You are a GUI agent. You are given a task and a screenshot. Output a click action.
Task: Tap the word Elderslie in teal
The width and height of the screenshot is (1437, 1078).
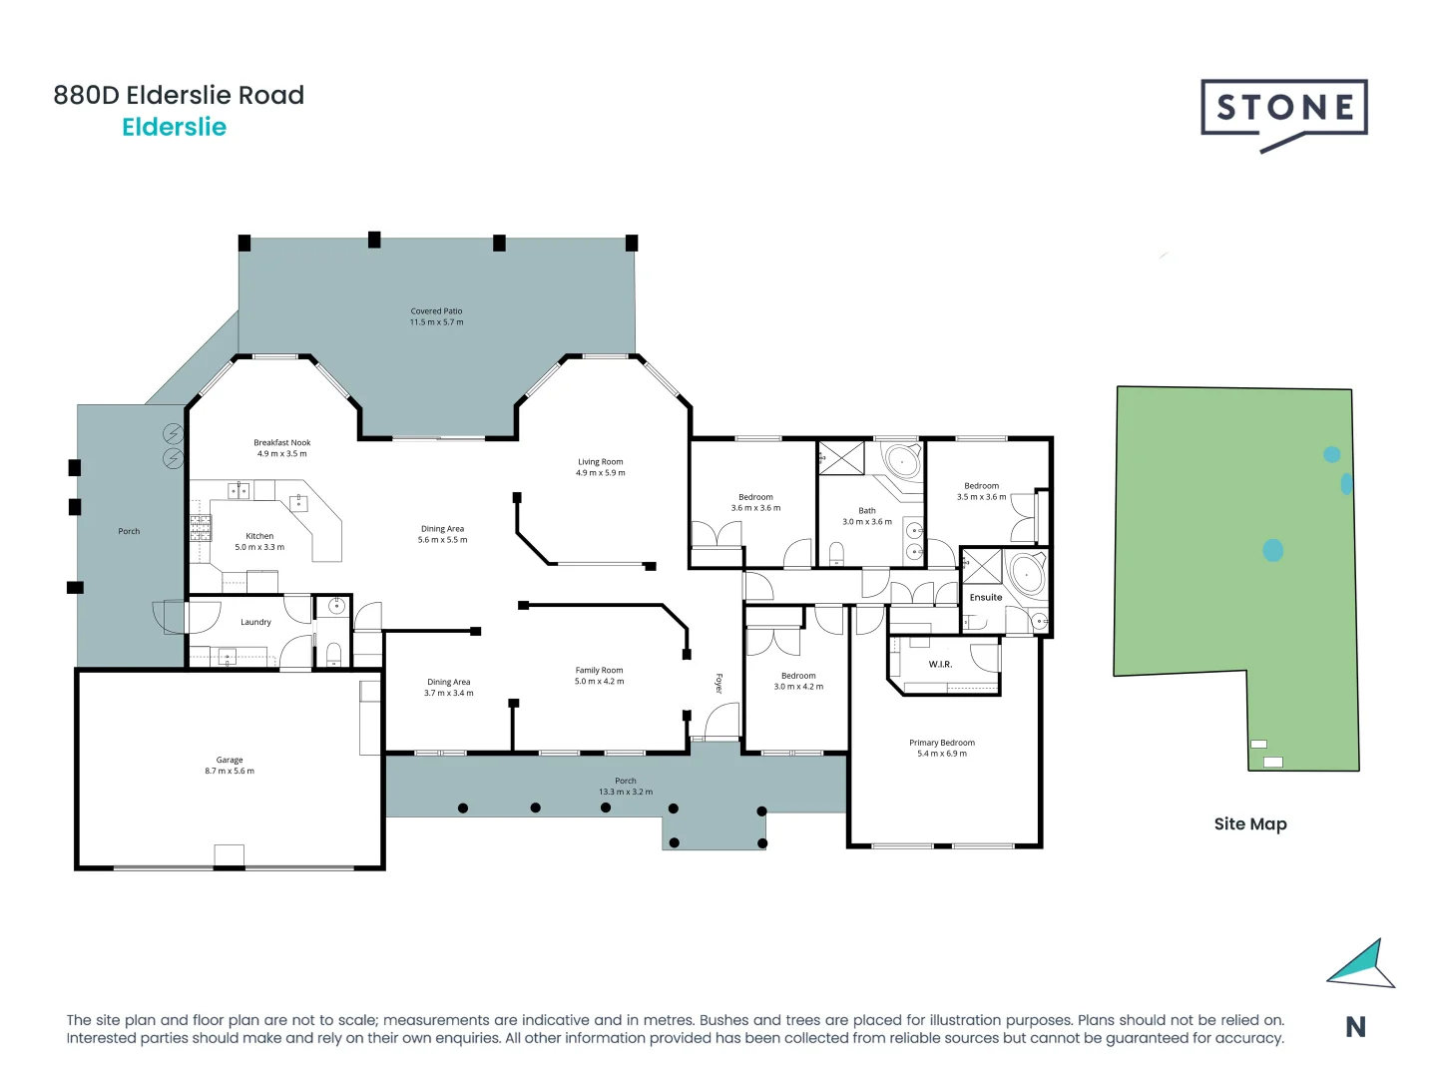click(175, 128)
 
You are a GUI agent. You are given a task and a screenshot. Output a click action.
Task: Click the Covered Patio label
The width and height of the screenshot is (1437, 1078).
click(436, 311)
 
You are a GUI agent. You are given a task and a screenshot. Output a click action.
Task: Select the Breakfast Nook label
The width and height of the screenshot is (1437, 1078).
click(281, 442)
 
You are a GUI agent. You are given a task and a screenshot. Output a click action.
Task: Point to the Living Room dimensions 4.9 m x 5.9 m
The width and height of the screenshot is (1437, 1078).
click(600, 473)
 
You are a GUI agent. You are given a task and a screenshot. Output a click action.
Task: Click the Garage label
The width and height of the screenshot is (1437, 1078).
click(230, 760)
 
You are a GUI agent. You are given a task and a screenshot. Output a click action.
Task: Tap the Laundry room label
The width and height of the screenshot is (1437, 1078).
click(255, 622)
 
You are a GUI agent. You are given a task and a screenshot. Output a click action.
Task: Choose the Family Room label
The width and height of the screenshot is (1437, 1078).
click(599, 671)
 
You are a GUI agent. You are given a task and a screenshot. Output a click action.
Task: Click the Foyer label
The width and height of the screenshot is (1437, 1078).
click(718, 684)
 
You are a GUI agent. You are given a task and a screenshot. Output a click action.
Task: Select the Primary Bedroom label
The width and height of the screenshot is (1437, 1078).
click(941, 743)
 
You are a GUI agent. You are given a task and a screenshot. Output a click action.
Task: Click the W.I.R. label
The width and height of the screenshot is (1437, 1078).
click(940, 664)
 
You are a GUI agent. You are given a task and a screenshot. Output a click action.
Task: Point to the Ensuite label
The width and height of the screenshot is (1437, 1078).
click(985, 598)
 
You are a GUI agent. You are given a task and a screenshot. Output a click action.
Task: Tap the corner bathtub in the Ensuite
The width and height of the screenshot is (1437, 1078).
click(1027, 574)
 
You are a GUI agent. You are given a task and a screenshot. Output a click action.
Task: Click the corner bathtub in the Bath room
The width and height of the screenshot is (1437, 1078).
click(903, 462)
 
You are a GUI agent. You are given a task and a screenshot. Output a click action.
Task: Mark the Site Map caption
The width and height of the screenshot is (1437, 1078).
click(1249, 824)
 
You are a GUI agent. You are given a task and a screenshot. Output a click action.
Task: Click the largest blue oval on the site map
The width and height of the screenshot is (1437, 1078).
click(1272, 550)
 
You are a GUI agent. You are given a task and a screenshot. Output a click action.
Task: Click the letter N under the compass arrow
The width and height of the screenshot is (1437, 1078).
click(1355, 1027)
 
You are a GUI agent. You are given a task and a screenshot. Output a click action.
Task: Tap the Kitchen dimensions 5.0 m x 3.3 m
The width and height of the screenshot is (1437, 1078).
click(259, 547)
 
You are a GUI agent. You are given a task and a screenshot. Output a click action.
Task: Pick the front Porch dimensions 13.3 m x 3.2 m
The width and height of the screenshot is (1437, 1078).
click(626, 792)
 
